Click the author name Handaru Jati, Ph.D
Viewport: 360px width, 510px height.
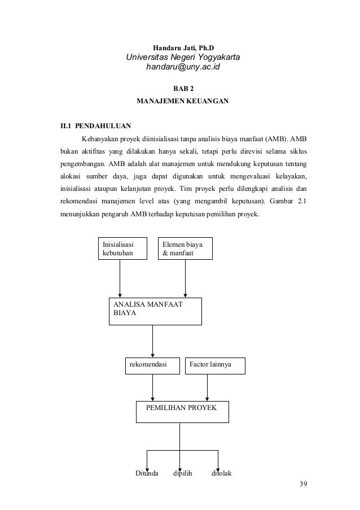pyautogui.click(x=184, y=46)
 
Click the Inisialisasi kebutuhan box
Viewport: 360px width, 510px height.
pyautogui.click(x=122, y=249)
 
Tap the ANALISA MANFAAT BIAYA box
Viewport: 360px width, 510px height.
pyautogui.click(x=155, y=310)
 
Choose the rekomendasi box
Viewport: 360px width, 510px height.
pyautogui.click(x=152, y=365)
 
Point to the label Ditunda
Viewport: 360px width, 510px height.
pyautogui.click(x=147, y=473)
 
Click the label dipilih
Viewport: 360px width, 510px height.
pyautogui.click(x=182, y=473)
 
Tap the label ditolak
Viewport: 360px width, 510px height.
pyautogui.click(x=221, y=473)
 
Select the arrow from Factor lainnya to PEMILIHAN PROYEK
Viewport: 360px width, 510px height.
pyautogui.click(x=208, y=387)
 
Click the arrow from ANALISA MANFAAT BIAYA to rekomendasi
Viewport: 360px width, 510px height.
pyautogui.click(x=152, y=341)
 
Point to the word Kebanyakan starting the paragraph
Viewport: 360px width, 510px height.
pyautogui.click(x=100, y=139)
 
